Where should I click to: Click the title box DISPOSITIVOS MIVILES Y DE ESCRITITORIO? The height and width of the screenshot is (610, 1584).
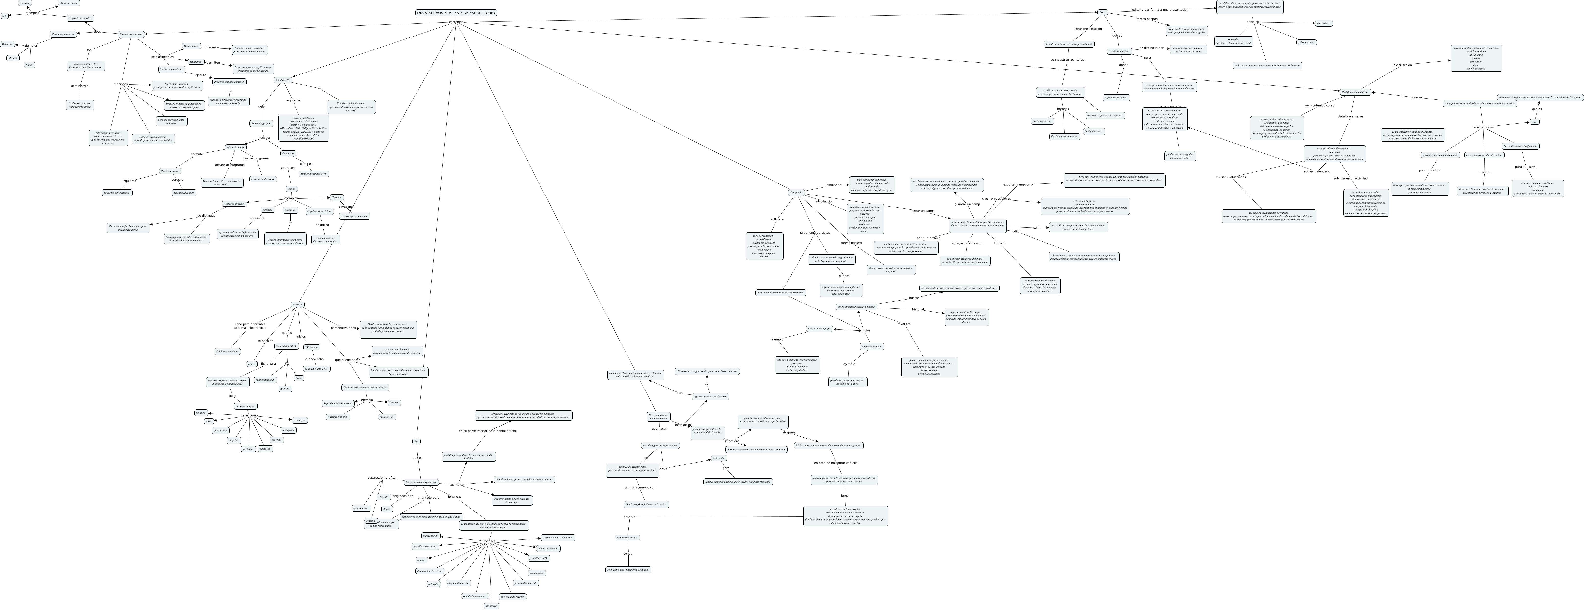pos(456,12)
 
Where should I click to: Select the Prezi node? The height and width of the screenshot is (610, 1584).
pos(1103,12)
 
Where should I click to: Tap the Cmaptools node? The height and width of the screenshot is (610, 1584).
pos(796,193)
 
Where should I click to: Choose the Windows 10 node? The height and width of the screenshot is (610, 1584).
pos(282,80)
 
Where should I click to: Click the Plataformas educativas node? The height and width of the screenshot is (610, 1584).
pos(1355,92)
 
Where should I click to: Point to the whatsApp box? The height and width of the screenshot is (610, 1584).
pos(265,449)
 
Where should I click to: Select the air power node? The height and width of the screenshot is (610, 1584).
pos(491,606)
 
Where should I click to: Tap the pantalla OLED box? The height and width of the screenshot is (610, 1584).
pos(538,558)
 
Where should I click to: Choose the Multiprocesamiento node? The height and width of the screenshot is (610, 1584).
pos(172,69)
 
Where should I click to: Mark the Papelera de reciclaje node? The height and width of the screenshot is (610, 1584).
pos(319,211)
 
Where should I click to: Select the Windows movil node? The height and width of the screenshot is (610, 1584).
pos(68,3)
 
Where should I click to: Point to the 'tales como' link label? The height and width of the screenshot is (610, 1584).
pos(249,416)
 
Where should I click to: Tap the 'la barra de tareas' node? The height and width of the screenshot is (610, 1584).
pos(627,537)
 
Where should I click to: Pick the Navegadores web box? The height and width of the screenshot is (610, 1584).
pos(338,417)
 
